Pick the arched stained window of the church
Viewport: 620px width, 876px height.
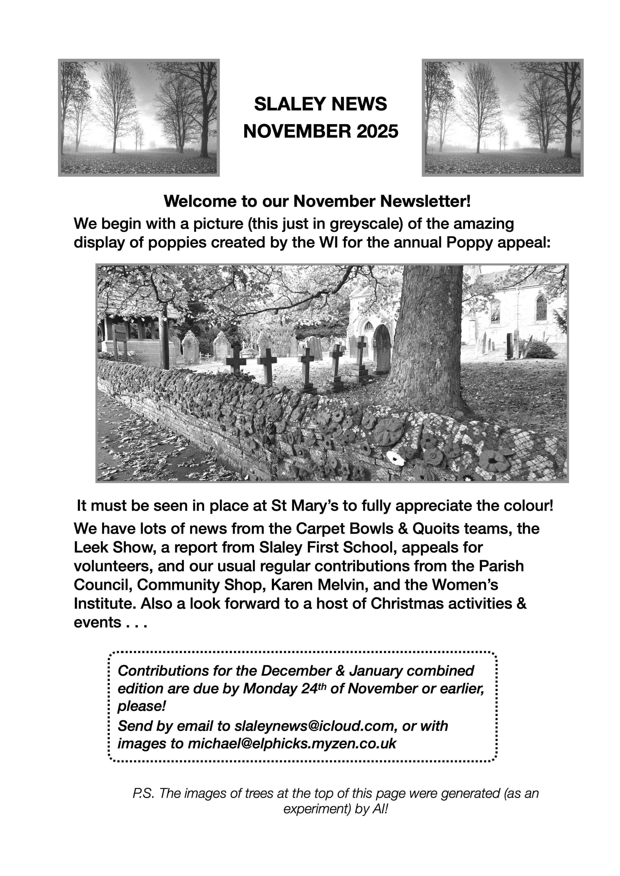[x=541, y=308]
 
